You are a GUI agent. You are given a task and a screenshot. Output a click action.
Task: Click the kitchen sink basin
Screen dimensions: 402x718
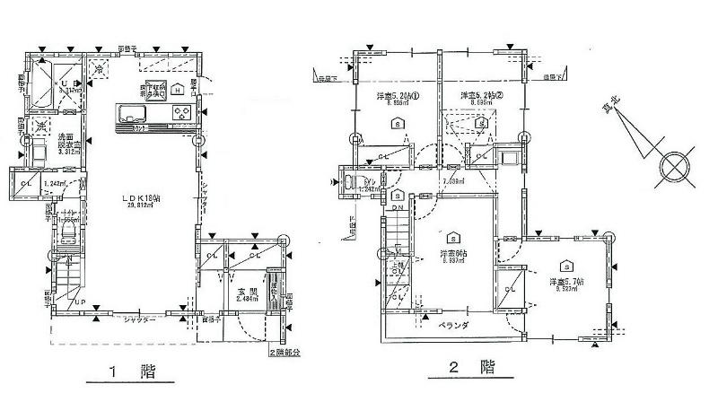(x=131, y=114)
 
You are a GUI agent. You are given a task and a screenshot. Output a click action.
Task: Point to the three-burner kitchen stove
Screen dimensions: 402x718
(x=181, y=114)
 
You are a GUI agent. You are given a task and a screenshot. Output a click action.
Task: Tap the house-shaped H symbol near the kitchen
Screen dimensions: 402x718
(x=178, y=90)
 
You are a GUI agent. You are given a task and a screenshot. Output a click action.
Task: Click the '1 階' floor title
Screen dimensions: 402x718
(x=126, y=371)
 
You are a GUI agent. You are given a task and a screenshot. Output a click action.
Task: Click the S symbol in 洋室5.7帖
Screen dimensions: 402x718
(x=566, y=266)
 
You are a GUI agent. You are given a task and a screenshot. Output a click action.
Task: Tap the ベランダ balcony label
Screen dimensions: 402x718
(x=455, y=328)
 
